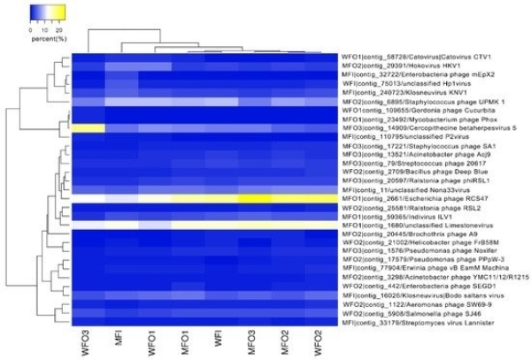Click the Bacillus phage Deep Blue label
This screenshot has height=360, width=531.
point(417,172)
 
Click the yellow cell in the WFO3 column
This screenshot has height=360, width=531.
point(88,128)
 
